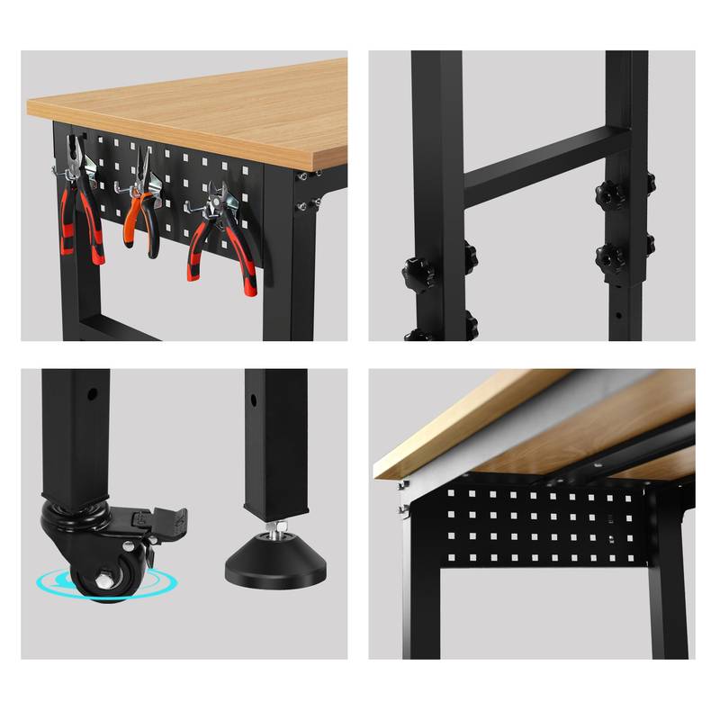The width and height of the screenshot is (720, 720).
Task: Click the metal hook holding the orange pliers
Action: click(126, 186)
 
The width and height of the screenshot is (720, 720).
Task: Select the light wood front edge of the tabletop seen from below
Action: click(468, 423)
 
